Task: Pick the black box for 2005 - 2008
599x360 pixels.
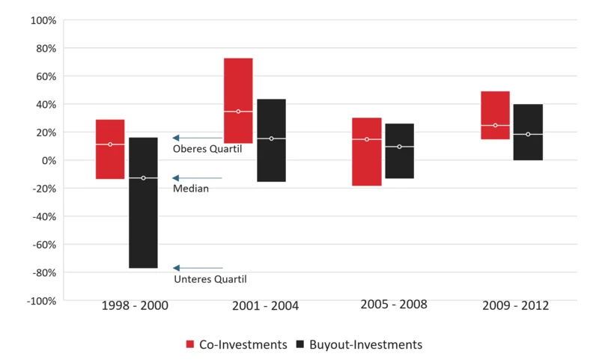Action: (400, 150)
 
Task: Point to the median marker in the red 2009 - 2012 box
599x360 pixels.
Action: (495, 125)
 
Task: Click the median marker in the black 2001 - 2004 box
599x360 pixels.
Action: (271, 138)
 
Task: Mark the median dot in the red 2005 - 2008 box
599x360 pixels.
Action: (367, 139)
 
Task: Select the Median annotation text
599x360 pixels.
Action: (190, 189)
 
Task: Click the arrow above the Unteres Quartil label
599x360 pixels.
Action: (198, 268)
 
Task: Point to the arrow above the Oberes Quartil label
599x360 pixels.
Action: (198, 138)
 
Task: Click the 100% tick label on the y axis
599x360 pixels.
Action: (42, 20)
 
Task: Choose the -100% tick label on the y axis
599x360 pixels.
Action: (40, 301)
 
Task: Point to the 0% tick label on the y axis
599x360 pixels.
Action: (47, 160)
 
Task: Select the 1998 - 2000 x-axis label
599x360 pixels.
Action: (135, 306)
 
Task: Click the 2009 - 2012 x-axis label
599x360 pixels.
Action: (516, 306)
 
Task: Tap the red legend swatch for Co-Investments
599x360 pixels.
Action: (190, 344)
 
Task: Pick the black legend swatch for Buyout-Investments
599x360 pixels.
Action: (301, 344)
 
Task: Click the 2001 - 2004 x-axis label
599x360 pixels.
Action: (265, 306)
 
